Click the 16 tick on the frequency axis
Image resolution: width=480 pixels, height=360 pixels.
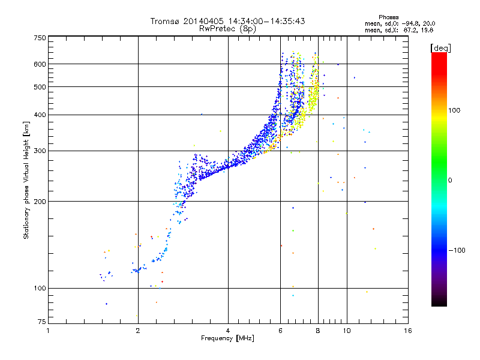(408, 331)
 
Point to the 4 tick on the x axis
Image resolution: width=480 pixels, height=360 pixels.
(228, 331)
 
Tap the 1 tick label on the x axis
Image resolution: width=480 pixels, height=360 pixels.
(48, 331)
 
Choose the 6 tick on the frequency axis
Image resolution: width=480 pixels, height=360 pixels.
(280, 331)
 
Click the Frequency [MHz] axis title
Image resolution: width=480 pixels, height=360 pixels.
(227, 338)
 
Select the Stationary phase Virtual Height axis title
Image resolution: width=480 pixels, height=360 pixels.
(26, 181)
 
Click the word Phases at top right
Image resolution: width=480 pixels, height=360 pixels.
(389, 17)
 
